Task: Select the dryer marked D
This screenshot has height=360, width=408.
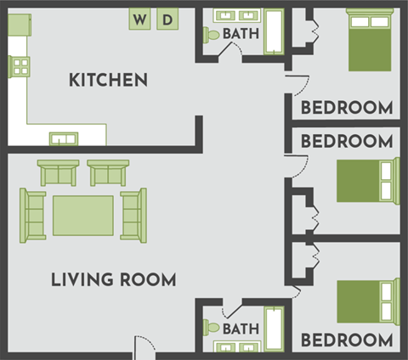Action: click(x=167, y=19)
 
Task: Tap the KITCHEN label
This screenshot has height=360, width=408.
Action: click(x=108, y=81)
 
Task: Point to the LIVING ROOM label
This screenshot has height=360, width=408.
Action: click(x=113, y=279)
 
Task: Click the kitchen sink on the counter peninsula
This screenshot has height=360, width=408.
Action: click(x=63, y=138)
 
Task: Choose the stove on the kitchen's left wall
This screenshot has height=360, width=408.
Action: click(x=20, y=66)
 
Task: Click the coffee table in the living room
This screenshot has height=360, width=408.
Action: click(x=82, y=216)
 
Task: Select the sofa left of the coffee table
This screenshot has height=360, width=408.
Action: click(x=34, y=215)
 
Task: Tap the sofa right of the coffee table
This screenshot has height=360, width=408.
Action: click(x=133, y=214)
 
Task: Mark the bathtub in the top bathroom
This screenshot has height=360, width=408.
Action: click(x=274, y=31)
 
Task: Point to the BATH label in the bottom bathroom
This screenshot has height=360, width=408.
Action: click(x=241, y=328)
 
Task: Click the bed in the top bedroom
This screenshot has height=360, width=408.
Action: click(x=372, y=41)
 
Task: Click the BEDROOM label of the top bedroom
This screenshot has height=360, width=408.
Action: click(x=347, y=108)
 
